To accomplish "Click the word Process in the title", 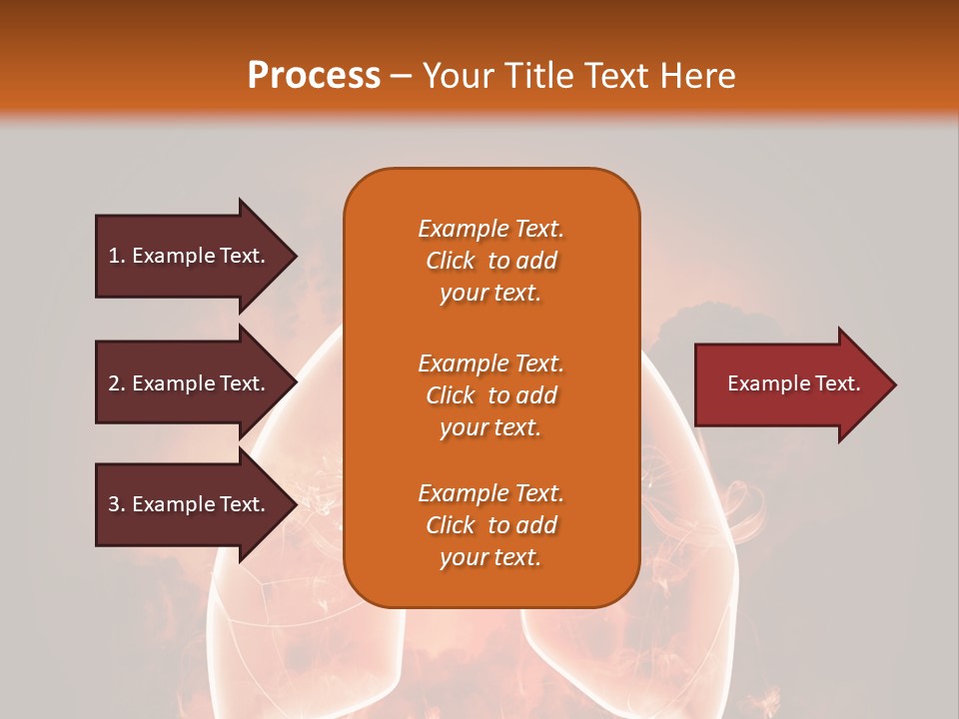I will coord(314,76).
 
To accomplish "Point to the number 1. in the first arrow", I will coord(117,256).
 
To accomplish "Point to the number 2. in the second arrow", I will coord(117,383).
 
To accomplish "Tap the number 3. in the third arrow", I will coord(117,504).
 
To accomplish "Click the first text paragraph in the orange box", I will coord(490,261).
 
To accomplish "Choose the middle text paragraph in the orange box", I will coord(490,395).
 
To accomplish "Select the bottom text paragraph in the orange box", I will coord(490,525).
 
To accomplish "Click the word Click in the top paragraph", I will coord(451,261).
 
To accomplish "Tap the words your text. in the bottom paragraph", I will coord(490,557).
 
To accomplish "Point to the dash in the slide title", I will coord(402,77).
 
